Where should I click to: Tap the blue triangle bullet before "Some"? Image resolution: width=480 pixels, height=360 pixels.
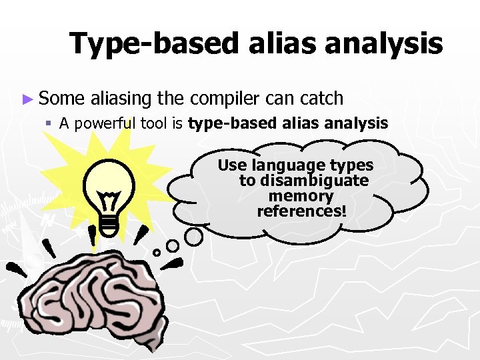(27, 99)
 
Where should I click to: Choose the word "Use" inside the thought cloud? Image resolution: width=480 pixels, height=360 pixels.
(232, 165)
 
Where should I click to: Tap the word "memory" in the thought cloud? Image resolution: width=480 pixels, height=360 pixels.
(301, 196)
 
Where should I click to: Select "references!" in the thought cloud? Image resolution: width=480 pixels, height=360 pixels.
(301, 211)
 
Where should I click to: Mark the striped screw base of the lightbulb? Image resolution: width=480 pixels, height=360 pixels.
(111, 225)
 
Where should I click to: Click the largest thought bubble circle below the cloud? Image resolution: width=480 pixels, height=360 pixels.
(193, 236)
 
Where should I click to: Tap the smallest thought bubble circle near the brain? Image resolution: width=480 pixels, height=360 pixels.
(157, 252)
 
